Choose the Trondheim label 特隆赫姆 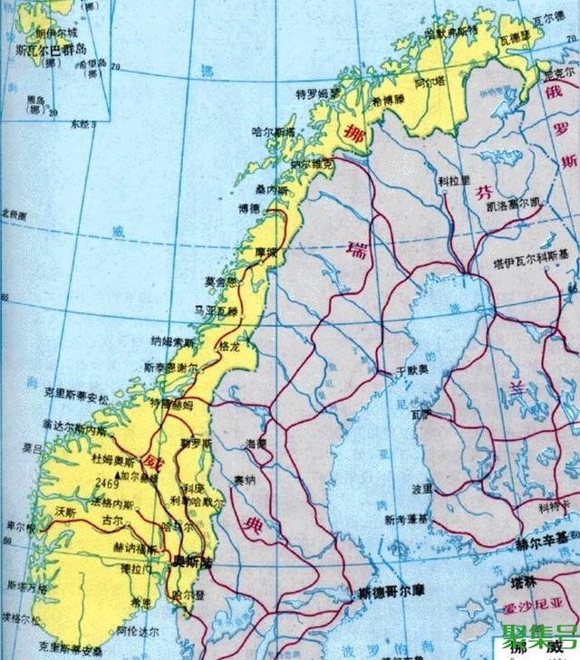[170, 403]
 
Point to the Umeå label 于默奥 [411, 371]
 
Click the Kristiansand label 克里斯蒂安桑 [68, 648]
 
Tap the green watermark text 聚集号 [538, 633]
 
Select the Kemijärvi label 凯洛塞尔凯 [510, 200]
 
